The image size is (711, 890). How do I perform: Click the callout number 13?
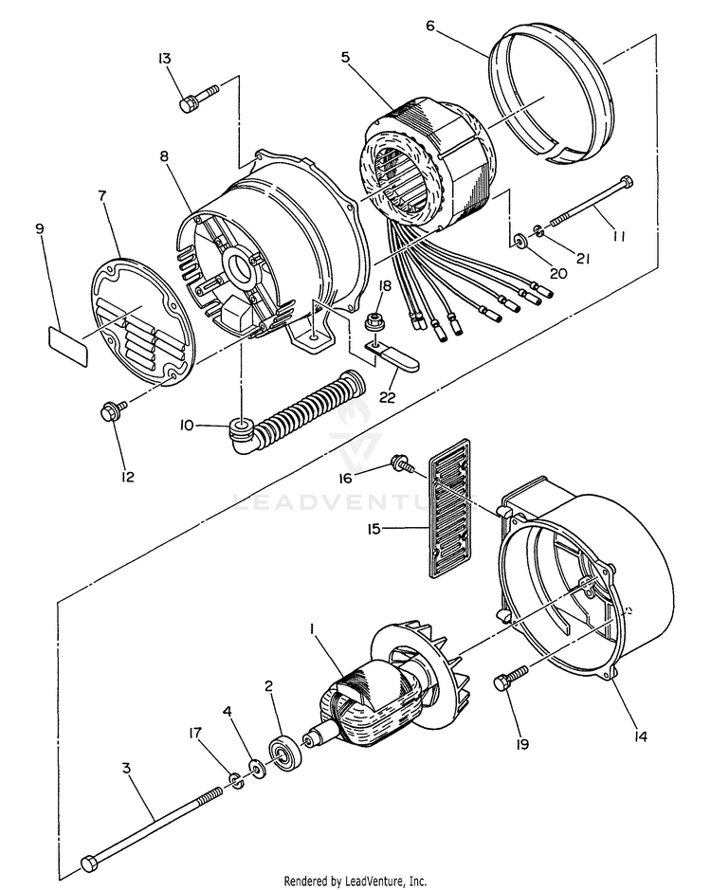(165, 59)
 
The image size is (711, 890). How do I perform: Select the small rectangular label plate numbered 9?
(67, 345)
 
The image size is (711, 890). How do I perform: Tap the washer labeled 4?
(254, 765)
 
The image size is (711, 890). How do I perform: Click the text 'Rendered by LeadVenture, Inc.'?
(355, 881)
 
